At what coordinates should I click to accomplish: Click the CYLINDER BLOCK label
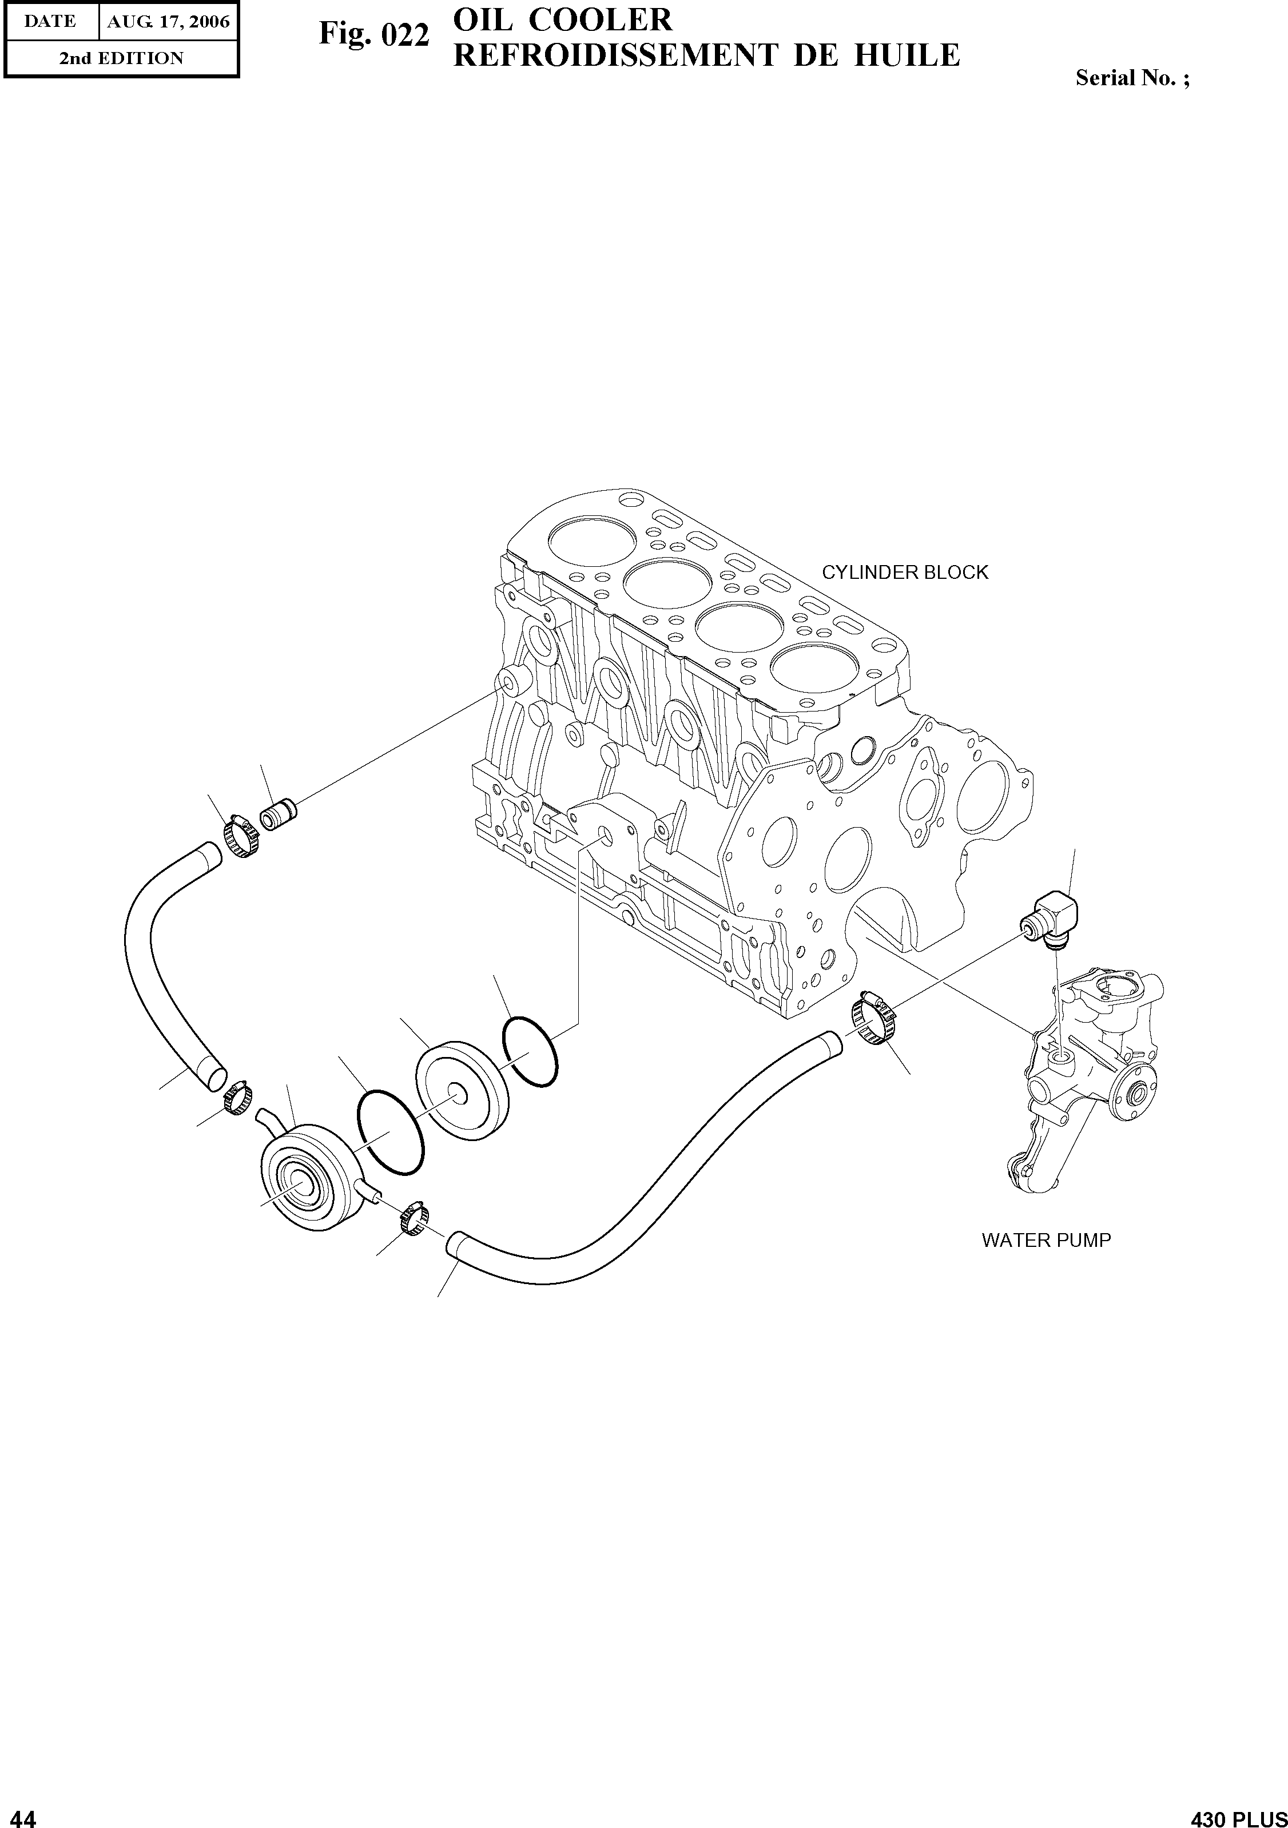[x=904, y=573]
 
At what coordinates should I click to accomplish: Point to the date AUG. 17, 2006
[x=168, y=22]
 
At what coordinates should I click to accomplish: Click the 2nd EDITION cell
[x=121, y=58]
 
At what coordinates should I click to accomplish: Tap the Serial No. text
[x=1132, y=78]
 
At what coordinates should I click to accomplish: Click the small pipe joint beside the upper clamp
[x=279, y=817]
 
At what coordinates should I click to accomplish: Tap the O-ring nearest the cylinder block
[x=530, y=1051]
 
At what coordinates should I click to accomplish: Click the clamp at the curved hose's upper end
[x=241, y=835]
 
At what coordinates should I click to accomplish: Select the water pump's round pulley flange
[x=1134, y=1095]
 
